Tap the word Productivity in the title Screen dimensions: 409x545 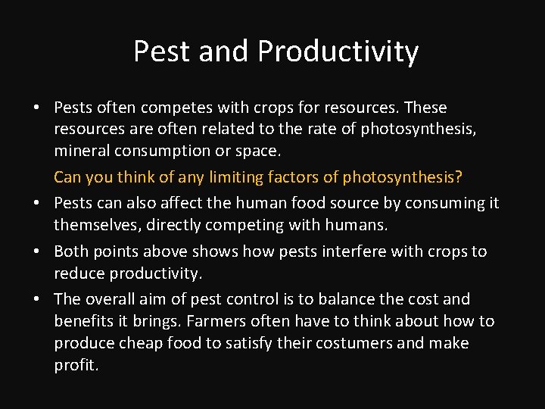(338, 52)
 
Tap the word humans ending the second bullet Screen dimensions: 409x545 (360, 225)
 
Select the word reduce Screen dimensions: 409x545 (79, 273)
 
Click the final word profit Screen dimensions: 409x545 (76, 365)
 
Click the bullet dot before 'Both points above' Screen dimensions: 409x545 (36, 251)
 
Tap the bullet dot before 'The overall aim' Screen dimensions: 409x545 (36, 300)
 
